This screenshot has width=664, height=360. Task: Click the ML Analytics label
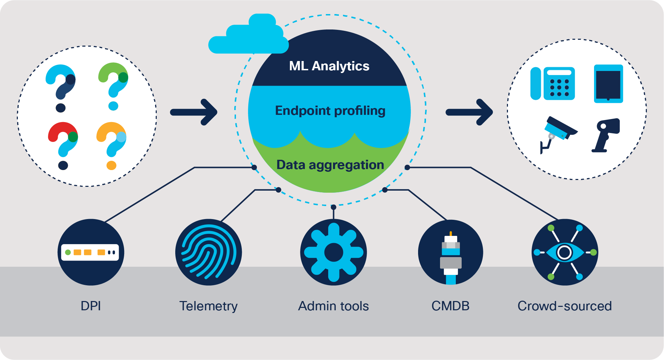click(329, 66)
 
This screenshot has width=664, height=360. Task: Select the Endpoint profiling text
click(330, 110)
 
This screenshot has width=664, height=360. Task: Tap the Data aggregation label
click(330, 165)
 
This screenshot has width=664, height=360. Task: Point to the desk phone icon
click(552, 83)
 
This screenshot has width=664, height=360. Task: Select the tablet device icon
click(608, 84)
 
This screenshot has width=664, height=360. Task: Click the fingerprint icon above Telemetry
click(209, 252)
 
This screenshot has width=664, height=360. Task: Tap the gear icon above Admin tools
click(333, 252)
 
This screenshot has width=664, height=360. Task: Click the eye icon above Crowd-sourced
click(565, 252)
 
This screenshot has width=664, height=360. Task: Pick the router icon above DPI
click(91, 252)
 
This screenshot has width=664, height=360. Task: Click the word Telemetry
click(208, 306)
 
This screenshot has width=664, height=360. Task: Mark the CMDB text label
click(450, 306)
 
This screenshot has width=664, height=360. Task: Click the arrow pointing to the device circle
click(470, 112)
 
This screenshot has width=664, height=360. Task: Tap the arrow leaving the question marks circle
click(194, 112)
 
